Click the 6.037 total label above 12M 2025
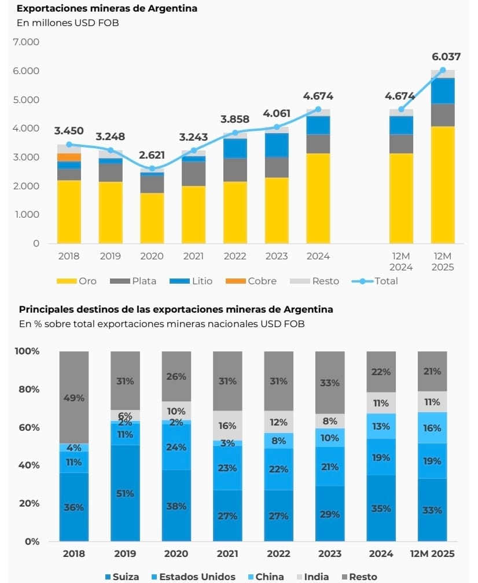coord(446,57)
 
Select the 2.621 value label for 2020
coord(152,155)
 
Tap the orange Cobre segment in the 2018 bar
coord(69,157)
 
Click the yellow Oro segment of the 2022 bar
coord(235,212)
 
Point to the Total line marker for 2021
coord(194,151)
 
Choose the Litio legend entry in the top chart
coord(191,281)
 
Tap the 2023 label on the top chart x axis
coord(277,256)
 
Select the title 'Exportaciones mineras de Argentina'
coord(106,9)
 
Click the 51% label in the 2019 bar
coord(125,493)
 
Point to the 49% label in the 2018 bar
coord(74,398)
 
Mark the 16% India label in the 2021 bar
coord(227,426)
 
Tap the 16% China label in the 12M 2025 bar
coord(432,428)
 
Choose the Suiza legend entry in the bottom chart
coord(120,577)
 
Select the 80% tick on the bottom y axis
coord(27,389)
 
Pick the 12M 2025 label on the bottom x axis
coord(432,553)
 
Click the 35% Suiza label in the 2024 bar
coord(381,508)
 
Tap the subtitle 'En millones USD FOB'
coord(68,23)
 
